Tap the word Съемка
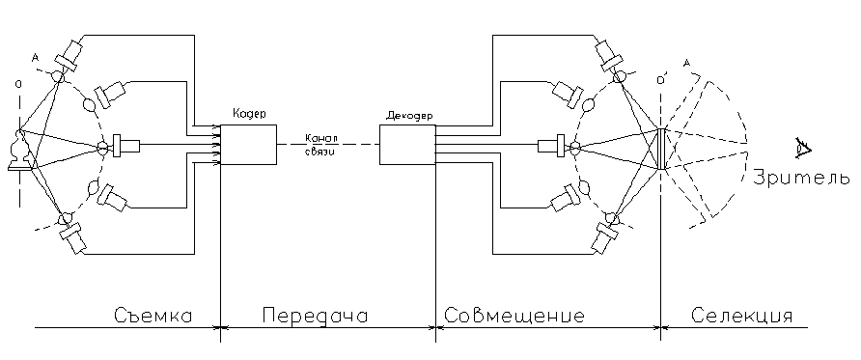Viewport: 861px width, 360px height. pos(153,317)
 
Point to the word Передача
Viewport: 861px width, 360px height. pos(315,317)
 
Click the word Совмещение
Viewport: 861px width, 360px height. pos(514,317)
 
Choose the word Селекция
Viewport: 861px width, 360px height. pos(741,317)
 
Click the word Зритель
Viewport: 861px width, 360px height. pos(800,178)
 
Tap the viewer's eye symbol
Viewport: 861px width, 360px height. pos(803,148)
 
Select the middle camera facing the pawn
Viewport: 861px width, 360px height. pos(125,146)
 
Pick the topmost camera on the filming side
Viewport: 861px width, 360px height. pos(69,55)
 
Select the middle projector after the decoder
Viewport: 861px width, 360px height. pos(551,146)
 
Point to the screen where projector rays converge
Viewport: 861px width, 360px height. pos(661,149)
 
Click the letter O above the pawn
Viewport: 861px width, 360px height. pos(18,84)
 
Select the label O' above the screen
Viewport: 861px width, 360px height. pos(661,80)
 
